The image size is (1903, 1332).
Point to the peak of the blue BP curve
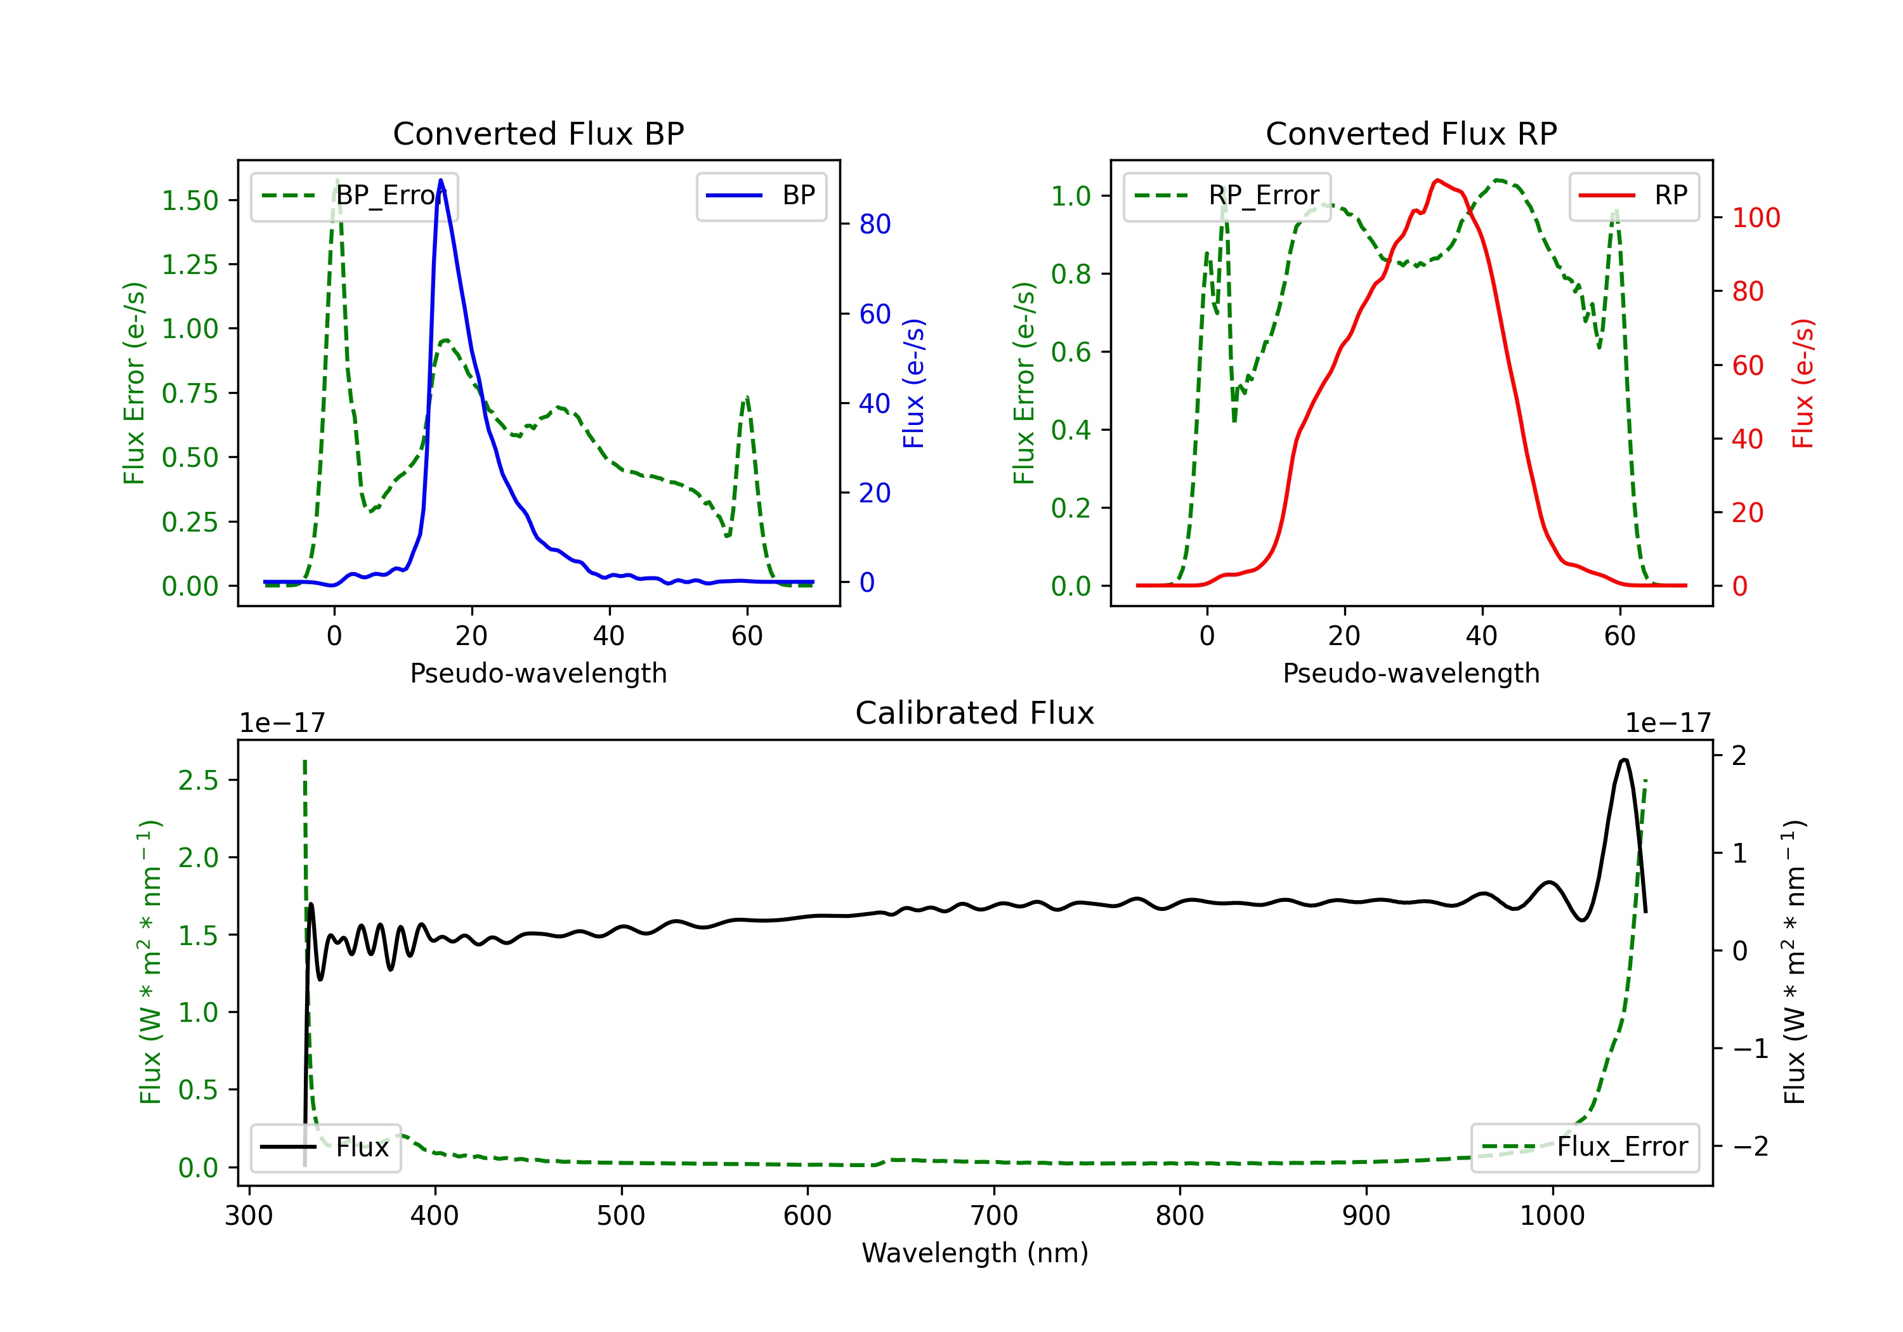[x=441, y=180]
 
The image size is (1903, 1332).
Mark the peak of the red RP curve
[x=1437, y=180]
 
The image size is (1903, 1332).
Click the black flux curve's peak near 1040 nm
[x=1625, y=760]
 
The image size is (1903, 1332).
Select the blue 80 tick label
[x=874, y=225]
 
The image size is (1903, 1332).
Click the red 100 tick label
[x=1755, y=218]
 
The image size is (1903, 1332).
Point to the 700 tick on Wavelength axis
[x=994, y=1216]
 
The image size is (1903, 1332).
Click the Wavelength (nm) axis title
[x=975, y=1253]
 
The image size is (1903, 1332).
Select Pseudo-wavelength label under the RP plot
[x=1411, y=673]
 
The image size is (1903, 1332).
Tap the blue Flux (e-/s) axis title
[x=913, y=384]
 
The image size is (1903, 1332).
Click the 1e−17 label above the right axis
[x=1668, y=724]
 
